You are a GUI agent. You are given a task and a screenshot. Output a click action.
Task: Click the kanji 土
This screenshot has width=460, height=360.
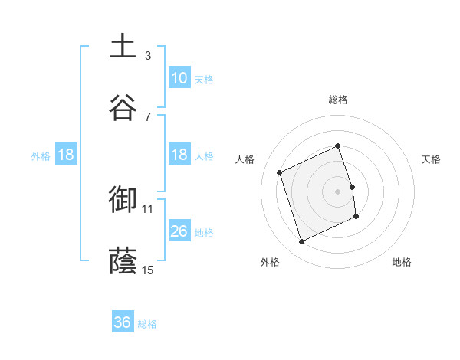click(x=123, y=46)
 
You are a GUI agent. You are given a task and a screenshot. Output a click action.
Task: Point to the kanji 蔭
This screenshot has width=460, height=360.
click(x=123, y=260)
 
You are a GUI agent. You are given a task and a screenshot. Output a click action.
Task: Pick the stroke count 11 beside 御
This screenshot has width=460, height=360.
click(x=148, y=208)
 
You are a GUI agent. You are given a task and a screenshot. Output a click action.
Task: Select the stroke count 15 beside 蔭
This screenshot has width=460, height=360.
click(x=148, y=270)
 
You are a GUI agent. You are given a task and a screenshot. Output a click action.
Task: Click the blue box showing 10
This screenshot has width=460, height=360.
click(x=179, y=78)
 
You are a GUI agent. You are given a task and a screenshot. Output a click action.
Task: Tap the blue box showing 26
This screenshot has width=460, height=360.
click(x=179, y=231)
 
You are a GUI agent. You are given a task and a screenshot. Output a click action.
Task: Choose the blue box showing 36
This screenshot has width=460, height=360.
click(x=123, y=322)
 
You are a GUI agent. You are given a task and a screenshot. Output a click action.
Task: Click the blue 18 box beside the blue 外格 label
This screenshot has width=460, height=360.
click(x=66, y=155)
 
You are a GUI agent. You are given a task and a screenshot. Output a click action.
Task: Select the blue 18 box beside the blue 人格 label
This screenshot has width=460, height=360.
click(x=179, y=155)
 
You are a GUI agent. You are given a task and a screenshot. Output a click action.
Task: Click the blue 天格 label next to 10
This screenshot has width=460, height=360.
click(x=204, y=79)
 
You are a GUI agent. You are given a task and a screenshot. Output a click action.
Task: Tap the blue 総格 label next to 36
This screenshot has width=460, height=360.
click(x=147, y=323)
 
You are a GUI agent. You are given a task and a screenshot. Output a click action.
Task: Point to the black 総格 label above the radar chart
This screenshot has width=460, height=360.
click(x=338, y=100)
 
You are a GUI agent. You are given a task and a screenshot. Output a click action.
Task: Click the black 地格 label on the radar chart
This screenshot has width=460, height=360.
click(x=402, y=262)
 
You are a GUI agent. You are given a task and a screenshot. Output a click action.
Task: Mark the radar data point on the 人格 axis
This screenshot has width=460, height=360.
click(x=280, y=172)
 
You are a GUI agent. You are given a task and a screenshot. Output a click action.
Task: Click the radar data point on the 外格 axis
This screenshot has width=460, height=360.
click(x=301, y=242)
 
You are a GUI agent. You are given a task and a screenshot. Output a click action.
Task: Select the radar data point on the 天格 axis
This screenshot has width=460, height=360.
click(x=352, y=186)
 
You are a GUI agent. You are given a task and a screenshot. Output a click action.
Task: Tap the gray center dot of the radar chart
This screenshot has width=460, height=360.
click(x=338, y=191)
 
